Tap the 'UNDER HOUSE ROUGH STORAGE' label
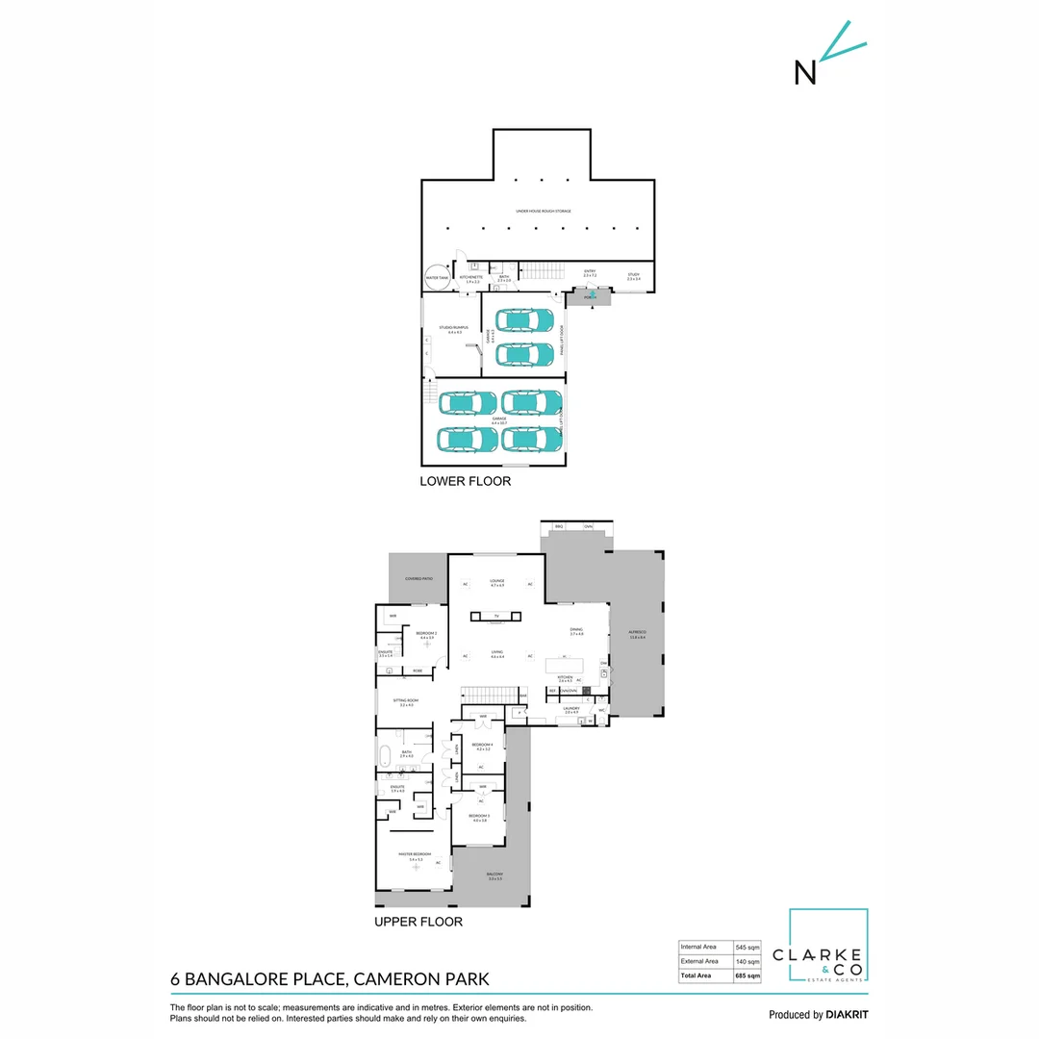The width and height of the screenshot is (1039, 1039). (x=544, y=211)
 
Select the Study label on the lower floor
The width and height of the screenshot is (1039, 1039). (x=634, y=277)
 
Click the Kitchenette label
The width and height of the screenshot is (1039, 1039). (x=469, y=279)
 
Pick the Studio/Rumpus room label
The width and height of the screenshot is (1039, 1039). (x=450, y=330)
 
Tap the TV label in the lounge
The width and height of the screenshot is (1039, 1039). (x=496, y=616)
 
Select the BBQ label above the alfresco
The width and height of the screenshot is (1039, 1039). (x=559, y=527)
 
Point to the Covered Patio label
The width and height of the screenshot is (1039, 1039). (x=418, y=579)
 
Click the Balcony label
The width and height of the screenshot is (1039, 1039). (x=495, y=877)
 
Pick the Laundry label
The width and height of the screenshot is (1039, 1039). (x=570, y=710)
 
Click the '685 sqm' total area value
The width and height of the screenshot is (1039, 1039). (x=747, y=976)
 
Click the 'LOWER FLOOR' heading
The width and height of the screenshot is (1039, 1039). (x=465, y=481)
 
